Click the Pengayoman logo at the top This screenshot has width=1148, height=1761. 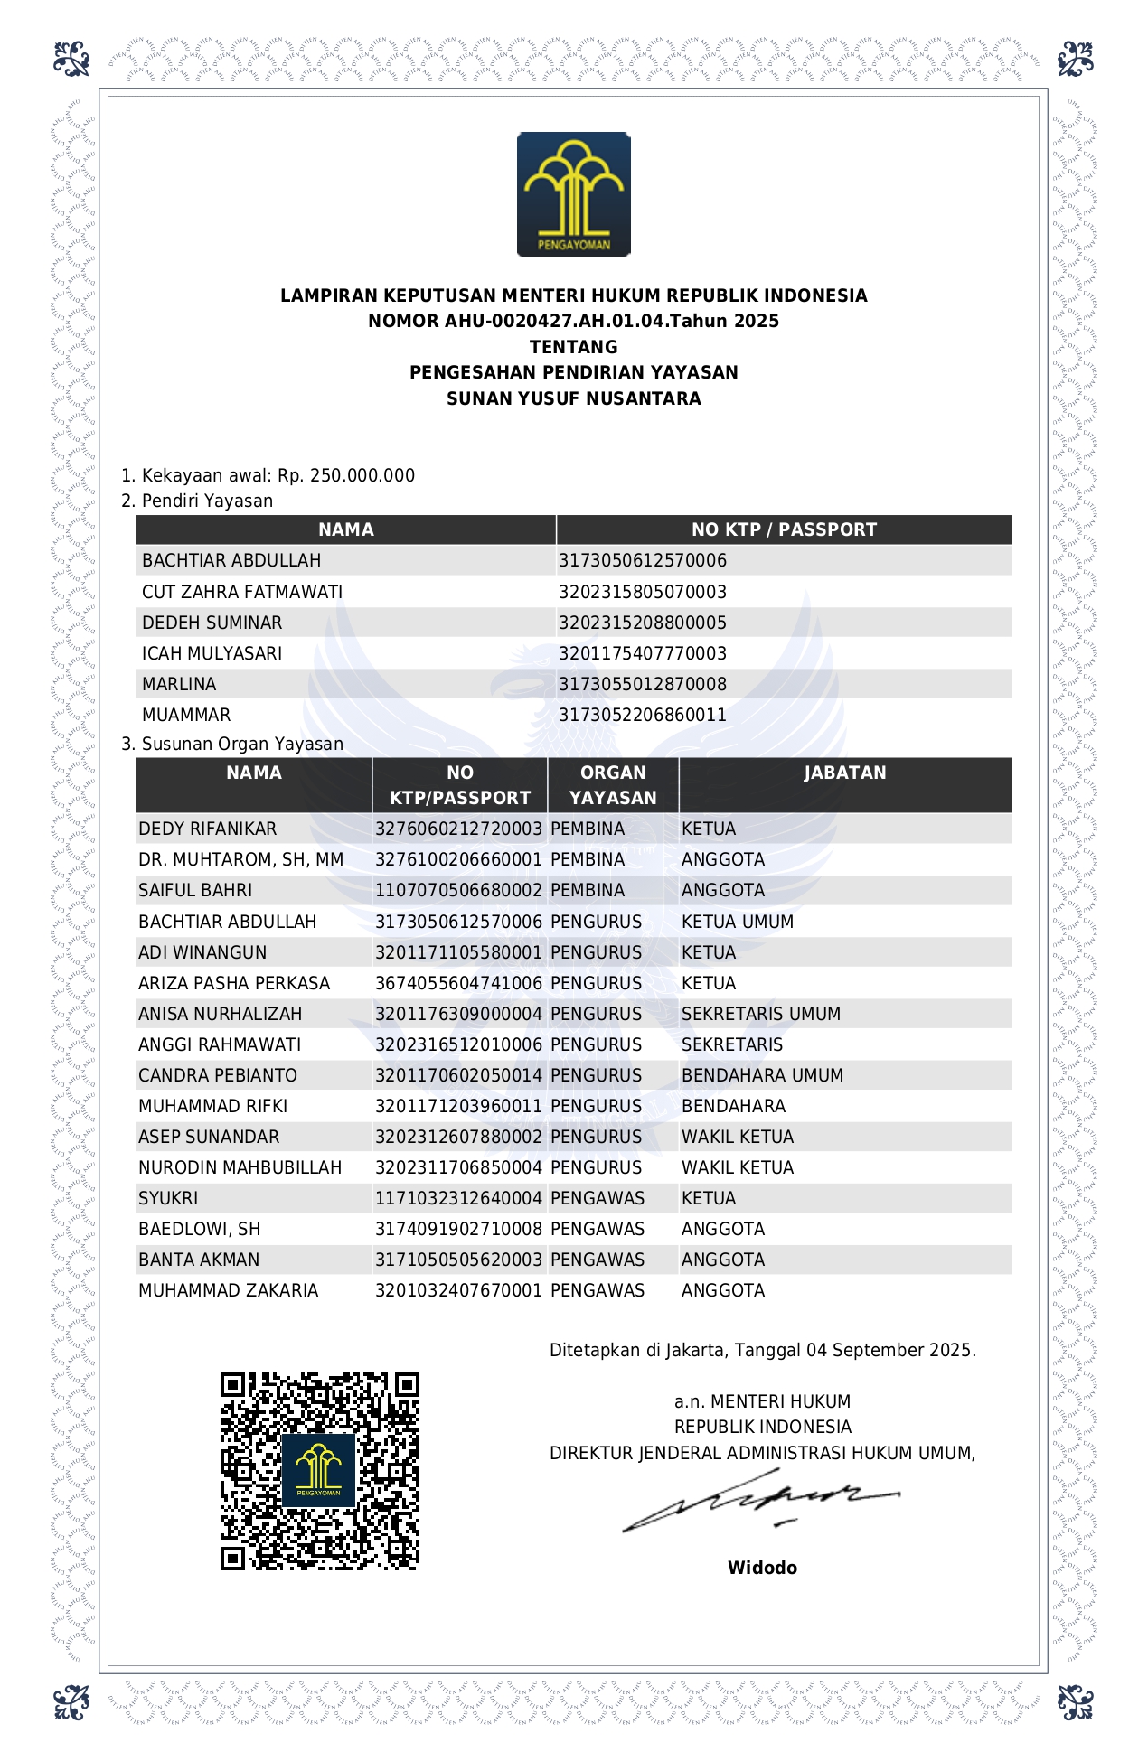click(x=573, y=194)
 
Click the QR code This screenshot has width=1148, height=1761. click(x=320, y=1472)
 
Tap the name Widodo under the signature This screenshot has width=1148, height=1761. click(x=762, y=1568)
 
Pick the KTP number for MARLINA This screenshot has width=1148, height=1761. click(x=642, y=684)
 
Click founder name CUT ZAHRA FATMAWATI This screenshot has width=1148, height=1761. click(x=242, y=592)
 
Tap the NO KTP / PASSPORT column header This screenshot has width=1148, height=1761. click(x=784, y=529)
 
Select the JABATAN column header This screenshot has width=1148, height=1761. click(x=844, y=773)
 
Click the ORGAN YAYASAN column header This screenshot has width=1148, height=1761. click(x=613, y=785)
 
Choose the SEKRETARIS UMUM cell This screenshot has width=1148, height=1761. click(x=761, y=1014)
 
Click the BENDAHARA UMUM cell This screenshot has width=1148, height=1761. click(x=762, y=1075)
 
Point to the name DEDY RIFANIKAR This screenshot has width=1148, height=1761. click(x=208, y=829)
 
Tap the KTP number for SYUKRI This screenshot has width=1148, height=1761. click(x=458, y=1198)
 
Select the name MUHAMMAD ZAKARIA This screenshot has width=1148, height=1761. click(x=228, y=1290)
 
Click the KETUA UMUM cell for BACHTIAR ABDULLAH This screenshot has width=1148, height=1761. click(x=738, y=922)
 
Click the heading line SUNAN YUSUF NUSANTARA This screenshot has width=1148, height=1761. click(x=573, y=398)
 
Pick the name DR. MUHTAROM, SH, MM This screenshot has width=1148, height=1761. click(x=240, y=859)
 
